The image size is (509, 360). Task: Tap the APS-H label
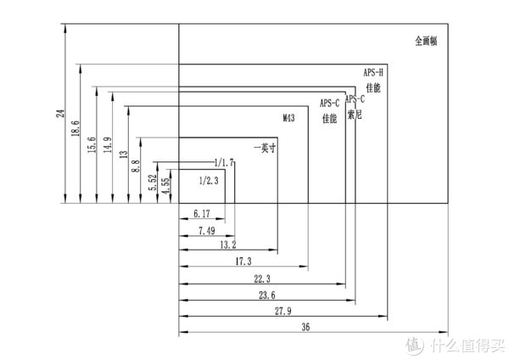[373, 72]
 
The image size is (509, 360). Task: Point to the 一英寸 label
[266, 147]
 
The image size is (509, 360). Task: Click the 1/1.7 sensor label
[223, 161]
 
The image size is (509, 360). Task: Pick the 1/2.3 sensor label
[208, 180]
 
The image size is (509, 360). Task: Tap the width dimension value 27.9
[281, 311]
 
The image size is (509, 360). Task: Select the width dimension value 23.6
[266, 295]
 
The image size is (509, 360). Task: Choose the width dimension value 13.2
[227, 245]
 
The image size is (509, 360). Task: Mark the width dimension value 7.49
[205, 229]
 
